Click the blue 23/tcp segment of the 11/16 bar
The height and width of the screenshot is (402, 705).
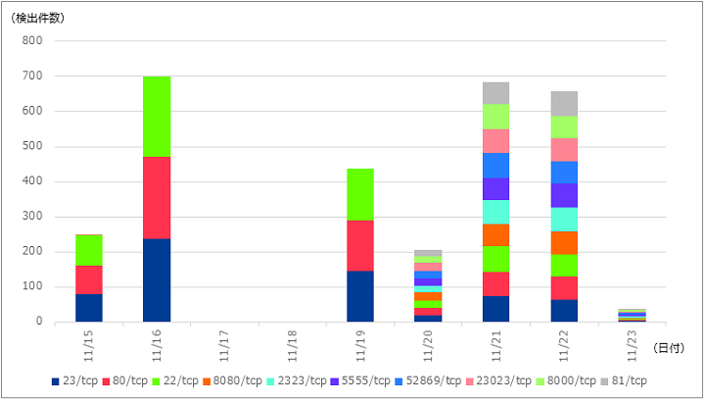pos(157,280)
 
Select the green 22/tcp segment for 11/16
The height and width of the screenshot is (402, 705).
pos(157,117)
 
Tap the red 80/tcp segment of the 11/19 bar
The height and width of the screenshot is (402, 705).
pos(360,246)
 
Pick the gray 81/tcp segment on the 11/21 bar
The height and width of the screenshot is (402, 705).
pos(495,93)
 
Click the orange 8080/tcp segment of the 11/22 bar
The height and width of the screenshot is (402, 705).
pos(564,243)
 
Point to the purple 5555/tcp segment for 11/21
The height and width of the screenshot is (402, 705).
pos(495,189)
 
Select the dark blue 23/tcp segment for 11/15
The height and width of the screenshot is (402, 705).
pos(89,308)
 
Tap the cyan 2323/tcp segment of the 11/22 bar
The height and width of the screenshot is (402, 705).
pos(564,220)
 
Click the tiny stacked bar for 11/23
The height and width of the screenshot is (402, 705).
pos(633,316)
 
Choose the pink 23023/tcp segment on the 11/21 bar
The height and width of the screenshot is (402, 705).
pos(495,141)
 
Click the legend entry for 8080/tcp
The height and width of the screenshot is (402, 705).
pos(232,380)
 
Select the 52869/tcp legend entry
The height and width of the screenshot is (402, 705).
pos(429,380)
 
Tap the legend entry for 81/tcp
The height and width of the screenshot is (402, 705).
pos(624,380)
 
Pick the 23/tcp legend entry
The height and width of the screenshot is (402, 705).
pos(74,380)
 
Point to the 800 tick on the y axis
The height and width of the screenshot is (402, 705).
pos(32,40)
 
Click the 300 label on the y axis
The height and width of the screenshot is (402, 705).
pos(32,217)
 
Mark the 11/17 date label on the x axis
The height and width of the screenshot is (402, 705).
pos(224,346)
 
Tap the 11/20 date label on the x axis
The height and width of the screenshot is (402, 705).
pos(428,346)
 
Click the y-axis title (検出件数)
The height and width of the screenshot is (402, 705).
pos(38,19)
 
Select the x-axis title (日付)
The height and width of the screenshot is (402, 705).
pos(669,347)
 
